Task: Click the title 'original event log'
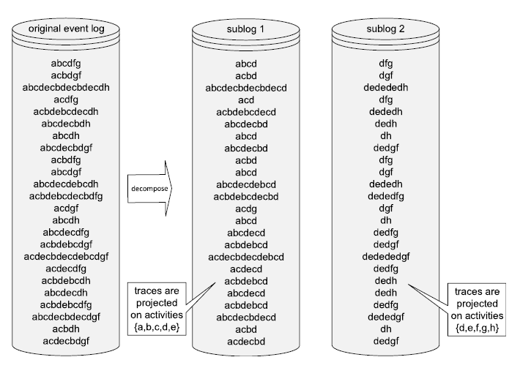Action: coord(66,29)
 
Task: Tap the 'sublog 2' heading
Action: coord(385,29)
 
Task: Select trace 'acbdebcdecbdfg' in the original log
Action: coord(66,196)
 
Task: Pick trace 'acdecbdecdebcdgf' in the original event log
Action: coord(66,257)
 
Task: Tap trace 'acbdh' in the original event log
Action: coord(66,329)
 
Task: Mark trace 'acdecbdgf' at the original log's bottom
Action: coord(66,342)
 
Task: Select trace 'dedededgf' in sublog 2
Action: coord(385,257)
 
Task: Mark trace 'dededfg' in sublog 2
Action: coord(385,196)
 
